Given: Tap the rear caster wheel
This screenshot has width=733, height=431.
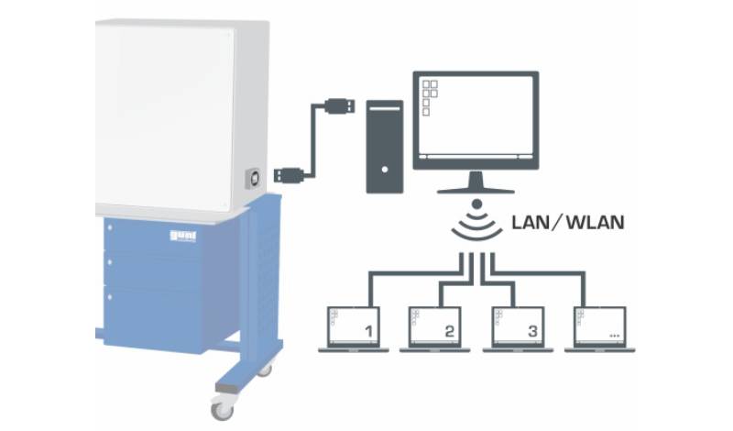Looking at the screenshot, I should coord(266,370).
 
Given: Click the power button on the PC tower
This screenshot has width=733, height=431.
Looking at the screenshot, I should coord(385,170).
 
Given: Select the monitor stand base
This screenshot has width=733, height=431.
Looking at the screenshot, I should coord(474,187).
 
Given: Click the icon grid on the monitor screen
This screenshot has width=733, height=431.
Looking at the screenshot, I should coord(429,94).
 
